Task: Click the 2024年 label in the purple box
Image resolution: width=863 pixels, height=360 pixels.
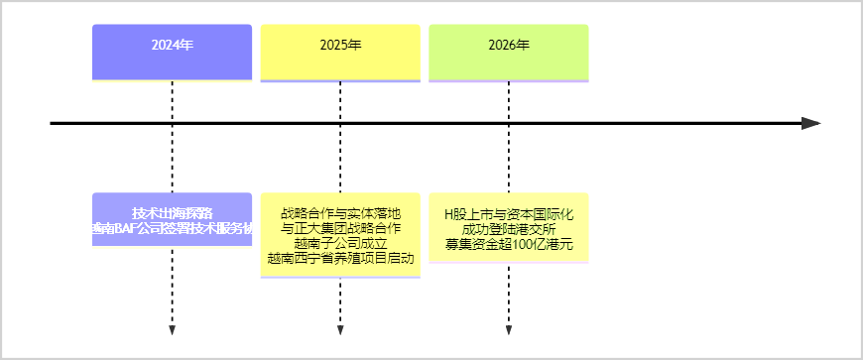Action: pyautogui.click(x=172, y=46)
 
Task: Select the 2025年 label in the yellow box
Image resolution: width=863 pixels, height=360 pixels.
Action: pyautogui.click(x=340, y=46)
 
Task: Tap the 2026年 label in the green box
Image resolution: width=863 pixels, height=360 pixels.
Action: pyautogui.click(x=509, y=46)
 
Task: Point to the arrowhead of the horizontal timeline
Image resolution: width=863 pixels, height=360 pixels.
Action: pyautogui.click(x=811, y=123)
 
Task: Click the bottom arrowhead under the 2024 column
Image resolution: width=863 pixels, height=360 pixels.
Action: pyautogui.click(x=173, y=329)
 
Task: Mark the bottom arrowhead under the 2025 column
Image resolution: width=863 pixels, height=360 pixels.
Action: pyautogui.click(x=340, y=329)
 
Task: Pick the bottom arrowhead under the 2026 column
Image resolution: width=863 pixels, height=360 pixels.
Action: pyautogui.click(x=509, y=329)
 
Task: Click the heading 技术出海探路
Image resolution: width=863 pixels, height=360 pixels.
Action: pyautogui.click(x=172, y=213)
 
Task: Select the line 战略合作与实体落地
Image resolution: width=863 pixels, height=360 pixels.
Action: pyautogui.click(x=340, y=213)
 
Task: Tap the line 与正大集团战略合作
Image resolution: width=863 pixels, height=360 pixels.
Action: pyautogui.click(x=340, y=228)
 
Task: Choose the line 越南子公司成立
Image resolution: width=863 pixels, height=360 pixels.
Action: pyautogui.click(x=340, y=243)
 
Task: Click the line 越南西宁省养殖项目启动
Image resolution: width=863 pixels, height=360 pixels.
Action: pyautogui.click(x=340, y=258)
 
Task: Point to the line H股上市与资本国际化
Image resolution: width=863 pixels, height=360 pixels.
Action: pyautogui.click(x=509, y=213)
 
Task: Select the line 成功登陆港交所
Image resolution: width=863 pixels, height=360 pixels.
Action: pyautogui.click(x=509, y=228)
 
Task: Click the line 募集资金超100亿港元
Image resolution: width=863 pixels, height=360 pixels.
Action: pyautogui.click(x=509, y=243)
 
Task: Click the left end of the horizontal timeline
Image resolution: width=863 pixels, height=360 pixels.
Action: pyautogui.click(x=53, y=123)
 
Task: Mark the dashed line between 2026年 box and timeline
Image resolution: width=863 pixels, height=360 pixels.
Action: pyautogui.click(x=509, y=101)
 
